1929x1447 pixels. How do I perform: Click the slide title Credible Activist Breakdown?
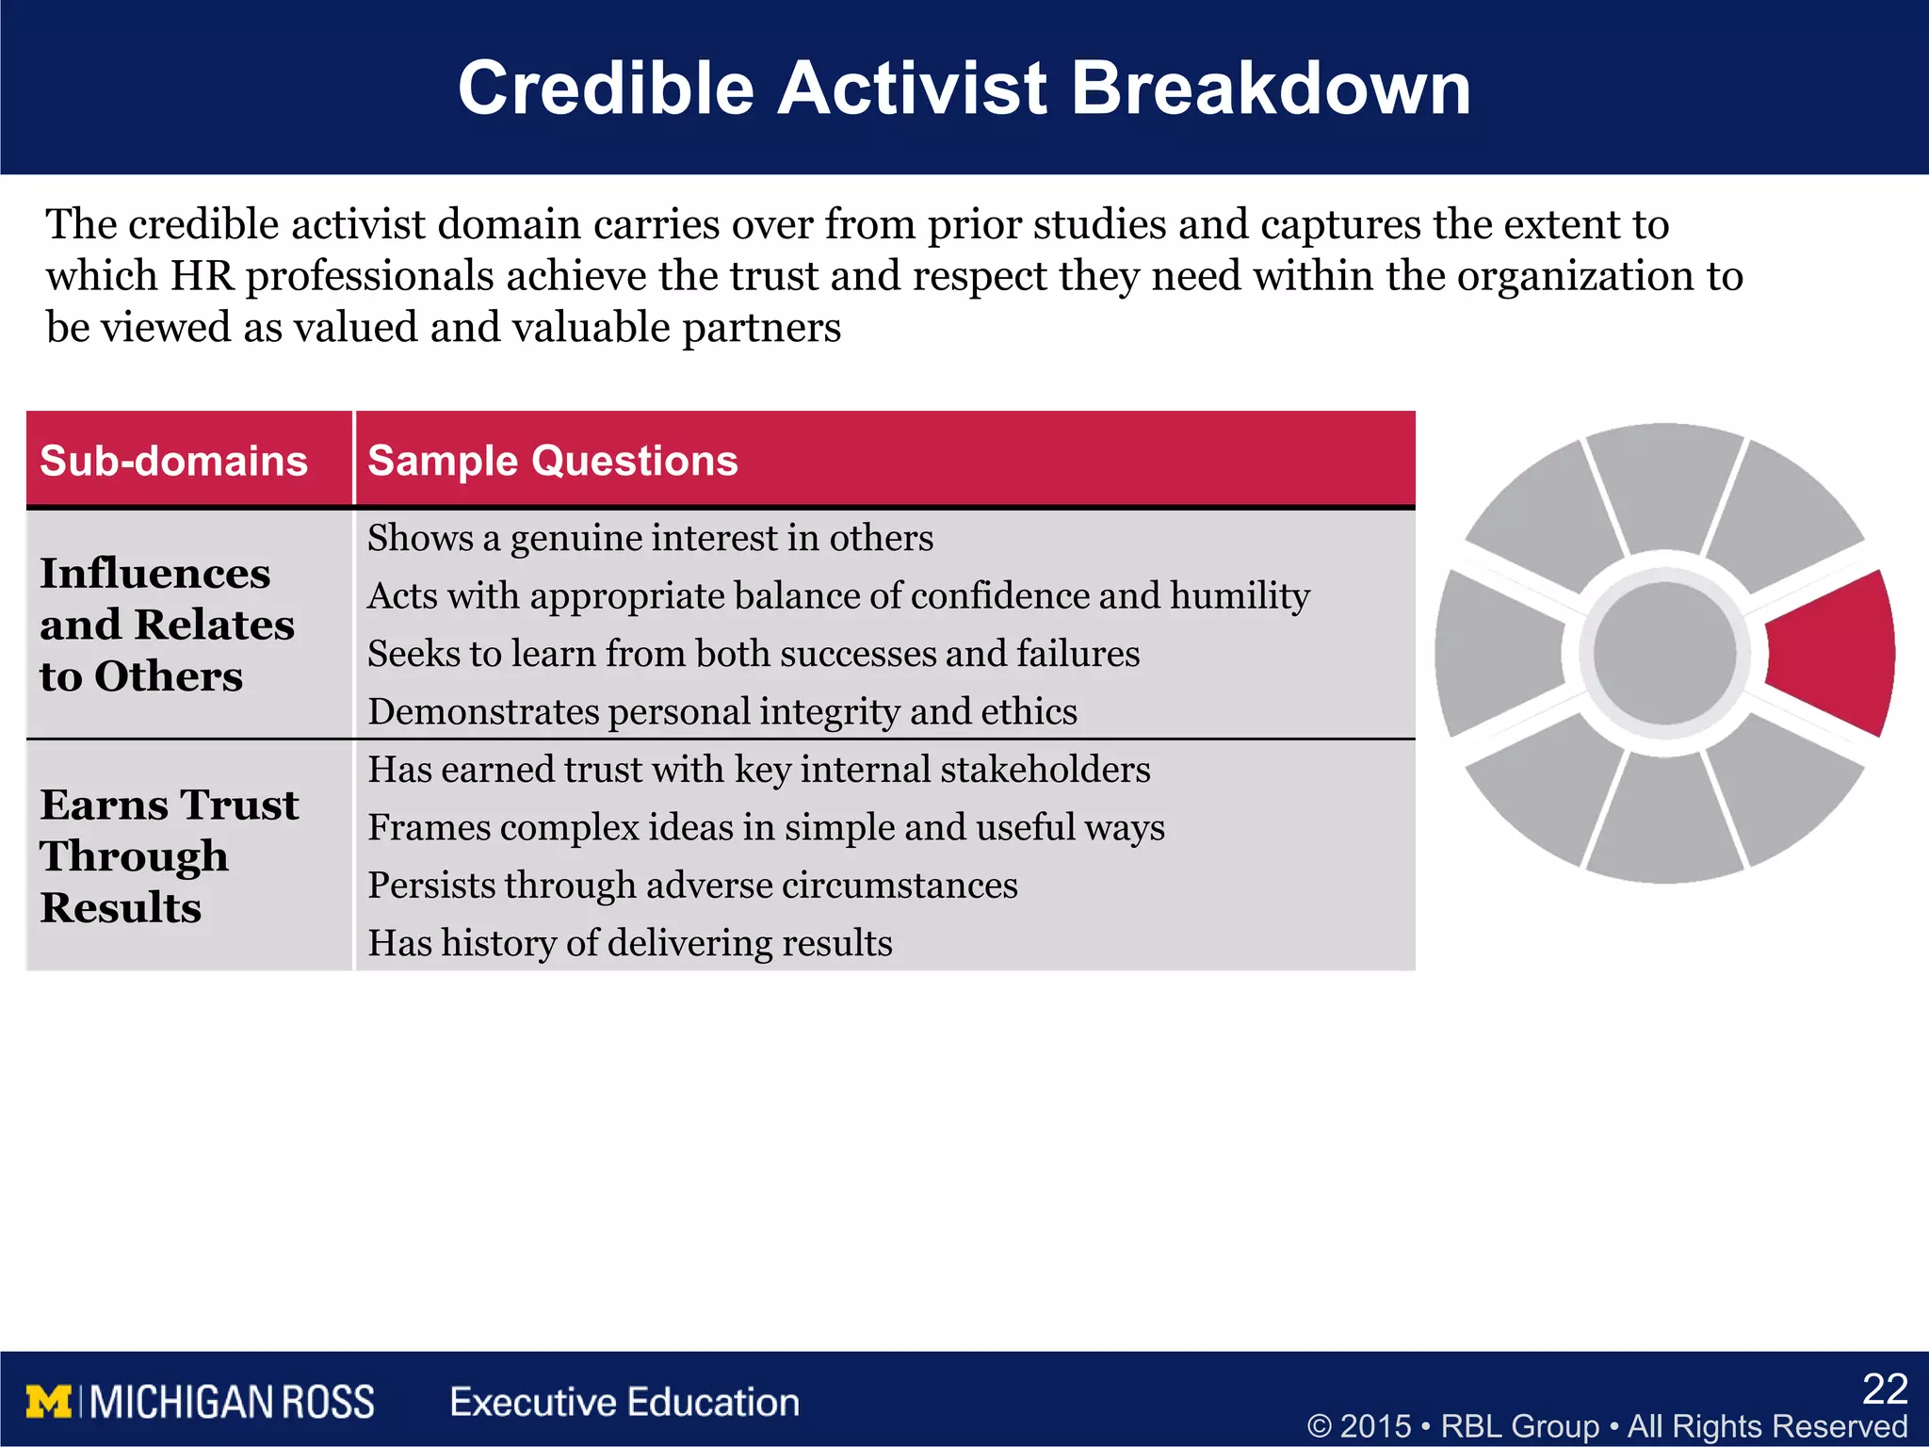[964, 88]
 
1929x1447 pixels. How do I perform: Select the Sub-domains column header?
[173, 461]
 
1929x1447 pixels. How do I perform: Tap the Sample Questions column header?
[552, 461]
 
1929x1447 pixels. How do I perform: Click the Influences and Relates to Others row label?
[166, 625]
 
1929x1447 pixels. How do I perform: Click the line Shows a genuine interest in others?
[650, 538]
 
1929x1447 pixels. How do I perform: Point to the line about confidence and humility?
[838, 595]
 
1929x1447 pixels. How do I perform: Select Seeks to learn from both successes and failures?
[754, 654]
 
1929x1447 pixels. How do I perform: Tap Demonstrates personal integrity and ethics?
[721, 711]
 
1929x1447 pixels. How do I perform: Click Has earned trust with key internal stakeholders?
[758, 770]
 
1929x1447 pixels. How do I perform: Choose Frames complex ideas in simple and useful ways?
[766, 827]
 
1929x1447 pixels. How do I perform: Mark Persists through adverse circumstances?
[692, 886]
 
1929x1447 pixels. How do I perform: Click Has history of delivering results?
[629, 943]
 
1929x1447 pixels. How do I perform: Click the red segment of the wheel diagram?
[1832, 653]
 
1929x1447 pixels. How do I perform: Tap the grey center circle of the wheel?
[1664, 653]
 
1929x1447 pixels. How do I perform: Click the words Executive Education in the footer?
[624, 1402]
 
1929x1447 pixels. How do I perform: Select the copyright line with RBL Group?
[1607, 1425]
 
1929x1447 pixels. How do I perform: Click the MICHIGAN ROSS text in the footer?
[233, 1402]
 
